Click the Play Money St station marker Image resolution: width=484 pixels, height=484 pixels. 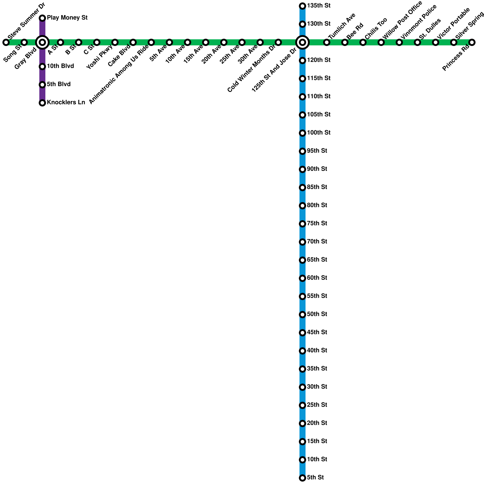point(42,18)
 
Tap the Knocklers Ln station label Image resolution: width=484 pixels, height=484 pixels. point(66,103)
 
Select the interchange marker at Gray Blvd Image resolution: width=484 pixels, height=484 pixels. point(42,42)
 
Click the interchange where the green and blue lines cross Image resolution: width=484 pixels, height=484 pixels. point(302,42)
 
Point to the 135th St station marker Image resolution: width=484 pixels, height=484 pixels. point(302,6)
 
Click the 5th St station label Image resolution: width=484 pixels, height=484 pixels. point(315,478)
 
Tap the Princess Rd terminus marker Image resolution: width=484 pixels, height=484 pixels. point(472,42)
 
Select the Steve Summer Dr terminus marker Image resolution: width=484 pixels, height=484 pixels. point(6,42)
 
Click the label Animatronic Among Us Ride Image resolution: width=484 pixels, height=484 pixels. point(119,75)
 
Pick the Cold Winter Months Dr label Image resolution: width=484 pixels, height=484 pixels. point(251,69)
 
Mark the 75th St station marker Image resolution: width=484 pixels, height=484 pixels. point(302,224)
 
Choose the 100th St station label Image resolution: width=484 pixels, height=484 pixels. point(319,133)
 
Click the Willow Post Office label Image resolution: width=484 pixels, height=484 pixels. point(402,20)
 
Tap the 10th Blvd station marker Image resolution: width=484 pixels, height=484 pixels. point(42,67)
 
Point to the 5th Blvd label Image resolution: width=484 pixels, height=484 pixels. point(59,84)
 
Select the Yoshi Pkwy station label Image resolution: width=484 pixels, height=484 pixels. point(100,57)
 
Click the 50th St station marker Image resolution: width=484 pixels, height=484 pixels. point(302,315)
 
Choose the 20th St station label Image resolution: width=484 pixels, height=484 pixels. point(317,423)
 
